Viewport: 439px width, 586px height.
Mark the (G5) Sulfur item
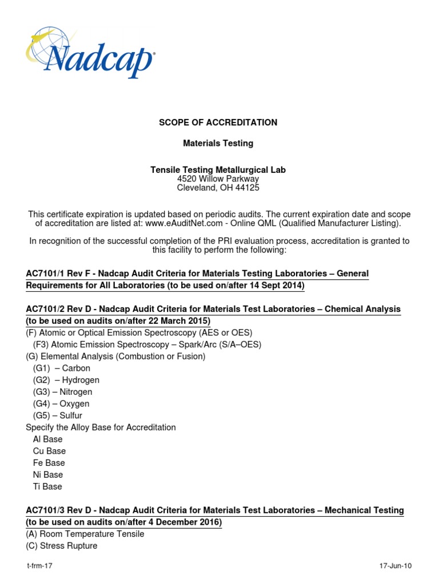[58, 415]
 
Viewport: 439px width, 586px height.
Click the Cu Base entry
[49, 451]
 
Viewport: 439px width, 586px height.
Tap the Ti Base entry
[47, 486]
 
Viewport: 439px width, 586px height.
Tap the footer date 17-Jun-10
[396, 566]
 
